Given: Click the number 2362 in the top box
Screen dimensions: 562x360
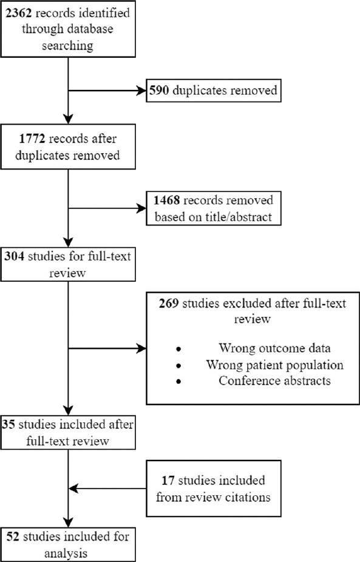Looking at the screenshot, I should pos(19,12).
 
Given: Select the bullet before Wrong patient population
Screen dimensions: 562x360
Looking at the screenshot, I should pos(178,366).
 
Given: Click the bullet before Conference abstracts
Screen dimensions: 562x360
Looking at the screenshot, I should pos(178,381).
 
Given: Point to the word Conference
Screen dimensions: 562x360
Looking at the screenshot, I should pos(244,381).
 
